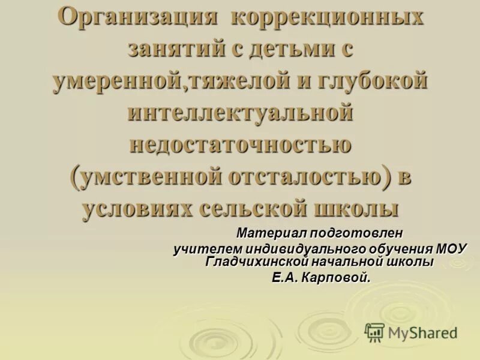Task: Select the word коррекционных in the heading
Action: tap(327, 16)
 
